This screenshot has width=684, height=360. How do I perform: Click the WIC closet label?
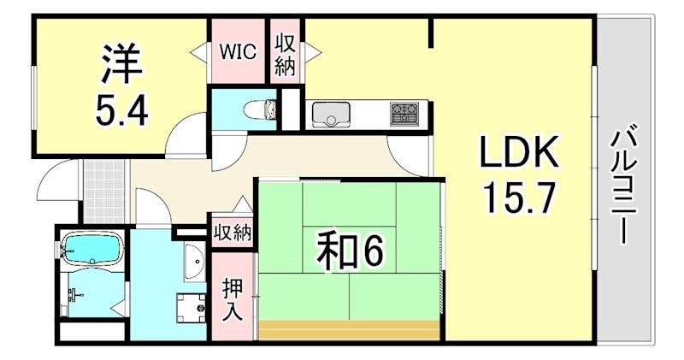(x=239, y=50)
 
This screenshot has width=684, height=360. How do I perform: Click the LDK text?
(x=518, y=155)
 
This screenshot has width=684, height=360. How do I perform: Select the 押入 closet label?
(x=232, y=298)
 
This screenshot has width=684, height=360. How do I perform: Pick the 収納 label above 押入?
(x=232, y=233)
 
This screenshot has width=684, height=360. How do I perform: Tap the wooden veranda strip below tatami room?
(x=351, y=330)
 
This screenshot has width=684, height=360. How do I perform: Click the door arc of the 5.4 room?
(x=183, y=137)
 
